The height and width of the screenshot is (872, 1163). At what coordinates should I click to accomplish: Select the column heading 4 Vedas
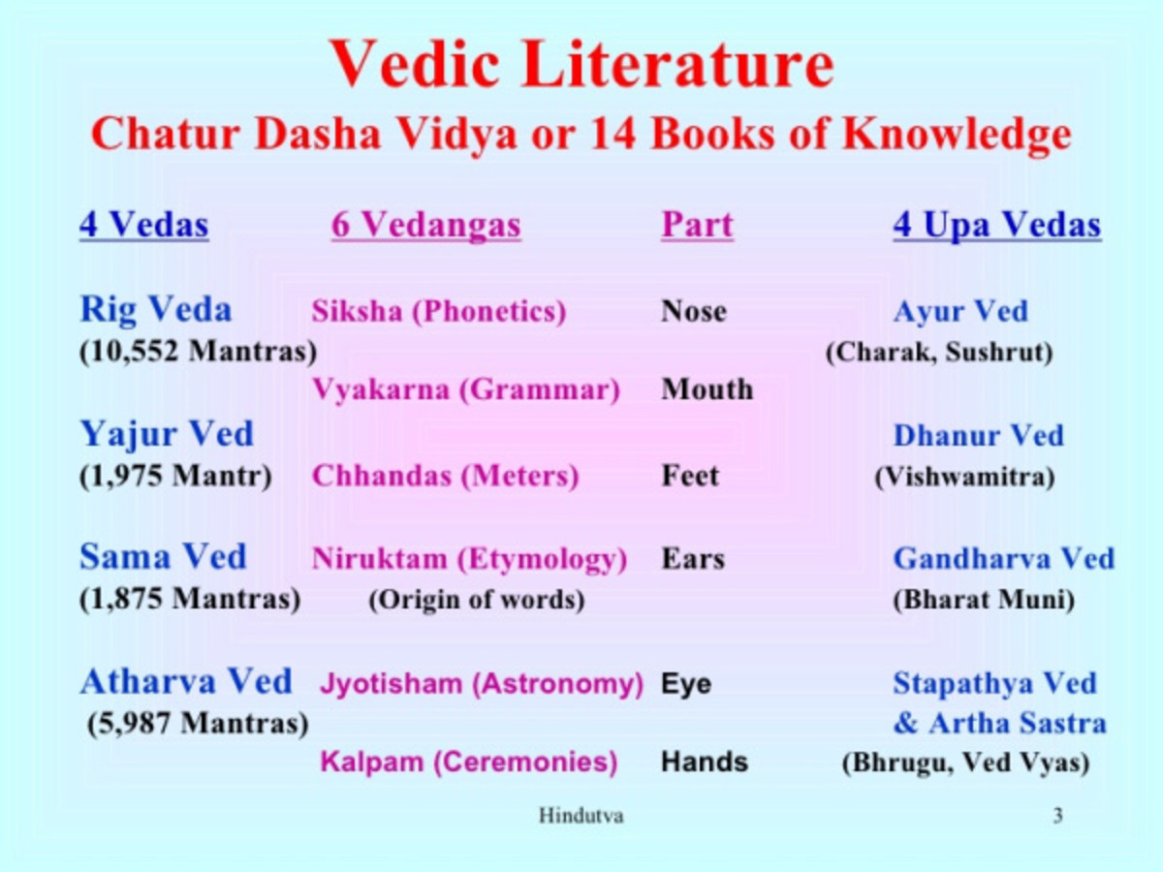pyautogui.click(x=143, y=226)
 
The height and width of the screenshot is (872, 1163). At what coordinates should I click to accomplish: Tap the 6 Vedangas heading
pyautogui.click(x=426, y=226)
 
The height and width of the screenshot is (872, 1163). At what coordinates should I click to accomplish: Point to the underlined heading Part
pyautogui.click(x=697, y=226)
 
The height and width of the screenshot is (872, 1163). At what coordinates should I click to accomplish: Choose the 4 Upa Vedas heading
pyautogui.click(x=996, y=226)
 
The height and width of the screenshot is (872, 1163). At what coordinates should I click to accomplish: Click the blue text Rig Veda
pyautogui.click(x=155, y=310)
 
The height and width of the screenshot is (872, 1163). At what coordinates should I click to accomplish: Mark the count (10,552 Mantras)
pyautogui.click(x=198, y=351)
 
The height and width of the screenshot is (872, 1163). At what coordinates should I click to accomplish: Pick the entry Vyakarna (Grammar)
pyautogui.click(x=465, y=389)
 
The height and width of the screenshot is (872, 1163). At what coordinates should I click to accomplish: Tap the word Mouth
pyautogui.click(x=707, y=389)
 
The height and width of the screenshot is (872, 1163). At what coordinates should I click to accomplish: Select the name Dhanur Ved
pyautogui.click(x=978, y=435)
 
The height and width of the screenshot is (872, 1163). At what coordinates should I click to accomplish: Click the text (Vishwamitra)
pyautogui.click(x=964, y=477)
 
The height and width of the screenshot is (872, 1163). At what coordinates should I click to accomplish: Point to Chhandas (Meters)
pyautogui.click(x=445, y=477)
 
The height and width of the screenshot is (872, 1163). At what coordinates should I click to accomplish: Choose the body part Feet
pyautogui.click(x=690, y=477)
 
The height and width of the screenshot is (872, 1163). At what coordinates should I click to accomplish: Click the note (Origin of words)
pyautogui.click(x=476, y=600)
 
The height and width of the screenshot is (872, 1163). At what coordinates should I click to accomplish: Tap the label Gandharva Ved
pyautogui.click(x=1003, y=559)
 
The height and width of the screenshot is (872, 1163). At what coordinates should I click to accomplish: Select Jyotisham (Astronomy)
pyautogui.click(x=482, y=684)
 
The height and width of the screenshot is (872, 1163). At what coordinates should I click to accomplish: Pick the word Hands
pyautogui.click(x=705, y=763)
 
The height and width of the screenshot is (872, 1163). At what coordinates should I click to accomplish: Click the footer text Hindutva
pyautogui.click(x=581, y=816)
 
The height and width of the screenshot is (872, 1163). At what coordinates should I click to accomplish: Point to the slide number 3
pyautogui.click(x=1057, y=816)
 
